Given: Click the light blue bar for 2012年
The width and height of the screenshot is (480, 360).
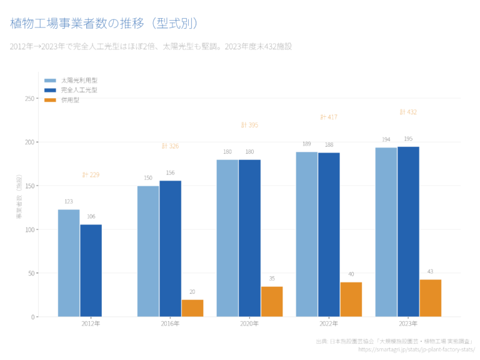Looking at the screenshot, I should point(69,262).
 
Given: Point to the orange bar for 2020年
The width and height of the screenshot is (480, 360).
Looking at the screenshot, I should point(272,301).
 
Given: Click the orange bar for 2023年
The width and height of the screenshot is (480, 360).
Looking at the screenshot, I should point(430,297).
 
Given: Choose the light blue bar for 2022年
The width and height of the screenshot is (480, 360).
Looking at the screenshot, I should point(306,234).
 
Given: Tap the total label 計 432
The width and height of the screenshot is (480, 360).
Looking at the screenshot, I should point(408,112).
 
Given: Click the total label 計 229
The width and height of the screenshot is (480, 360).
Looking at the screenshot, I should point(91,175).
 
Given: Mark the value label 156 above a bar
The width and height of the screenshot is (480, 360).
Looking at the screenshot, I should point(170,172).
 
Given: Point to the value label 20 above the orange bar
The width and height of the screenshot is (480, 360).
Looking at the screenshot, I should point(192,292).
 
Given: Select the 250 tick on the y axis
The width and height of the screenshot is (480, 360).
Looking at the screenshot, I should point(29,99).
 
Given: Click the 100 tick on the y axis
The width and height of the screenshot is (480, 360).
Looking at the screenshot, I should point(29,229).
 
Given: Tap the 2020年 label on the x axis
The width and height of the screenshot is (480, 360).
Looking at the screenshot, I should point(249,324).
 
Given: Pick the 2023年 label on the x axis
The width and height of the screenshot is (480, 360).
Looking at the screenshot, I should point(408,324).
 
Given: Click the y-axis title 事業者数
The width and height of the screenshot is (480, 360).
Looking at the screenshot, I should point(19,199).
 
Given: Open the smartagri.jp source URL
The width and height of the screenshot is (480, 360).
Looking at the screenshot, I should point(416,349).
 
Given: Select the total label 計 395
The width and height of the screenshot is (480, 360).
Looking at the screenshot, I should point(249,125).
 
